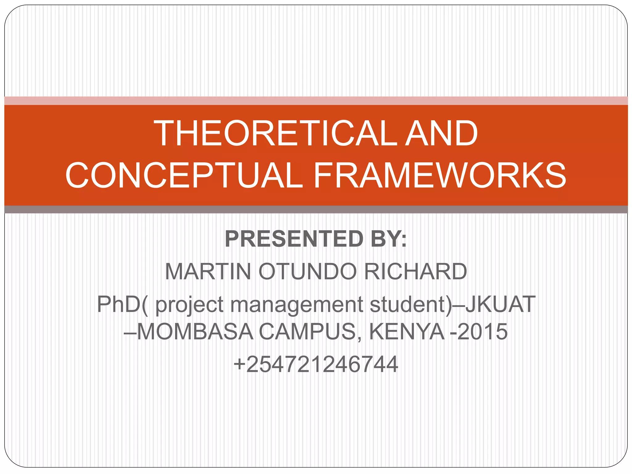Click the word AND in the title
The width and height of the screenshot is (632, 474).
[442, 133]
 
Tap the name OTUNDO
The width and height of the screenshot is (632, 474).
[307, 272]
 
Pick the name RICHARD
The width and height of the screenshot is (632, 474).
[415, 272]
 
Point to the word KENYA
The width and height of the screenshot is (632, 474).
[407, 332]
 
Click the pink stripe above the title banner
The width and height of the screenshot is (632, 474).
[316, 101]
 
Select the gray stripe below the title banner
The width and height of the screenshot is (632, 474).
[316, 210]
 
